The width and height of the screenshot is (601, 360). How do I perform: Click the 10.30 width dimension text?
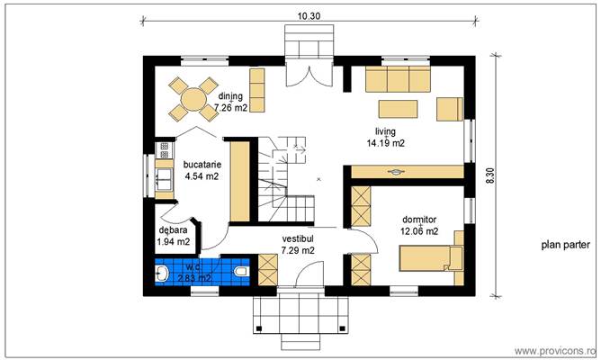point(308,14)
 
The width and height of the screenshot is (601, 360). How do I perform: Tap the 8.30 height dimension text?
point(490,176)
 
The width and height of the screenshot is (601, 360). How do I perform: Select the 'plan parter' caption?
point(565,245)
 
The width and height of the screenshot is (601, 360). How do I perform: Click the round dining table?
point(192,96)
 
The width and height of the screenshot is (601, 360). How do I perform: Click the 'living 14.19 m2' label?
point(385,137)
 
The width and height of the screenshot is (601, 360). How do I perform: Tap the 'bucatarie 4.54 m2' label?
point(201,171)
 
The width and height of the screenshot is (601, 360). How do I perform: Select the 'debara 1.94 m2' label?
point(173,236)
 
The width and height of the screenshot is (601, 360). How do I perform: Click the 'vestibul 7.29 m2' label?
point(297,244)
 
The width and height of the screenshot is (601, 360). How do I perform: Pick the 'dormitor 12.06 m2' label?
point(419,225)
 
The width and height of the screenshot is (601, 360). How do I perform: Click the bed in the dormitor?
point(430,257)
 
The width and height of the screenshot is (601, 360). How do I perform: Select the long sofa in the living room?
point(399,83)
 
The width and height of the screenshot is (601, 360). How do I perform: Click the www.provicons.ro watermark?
point(553,349)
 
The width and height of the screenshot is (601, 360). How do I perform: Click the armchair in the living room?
point(449,109)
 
